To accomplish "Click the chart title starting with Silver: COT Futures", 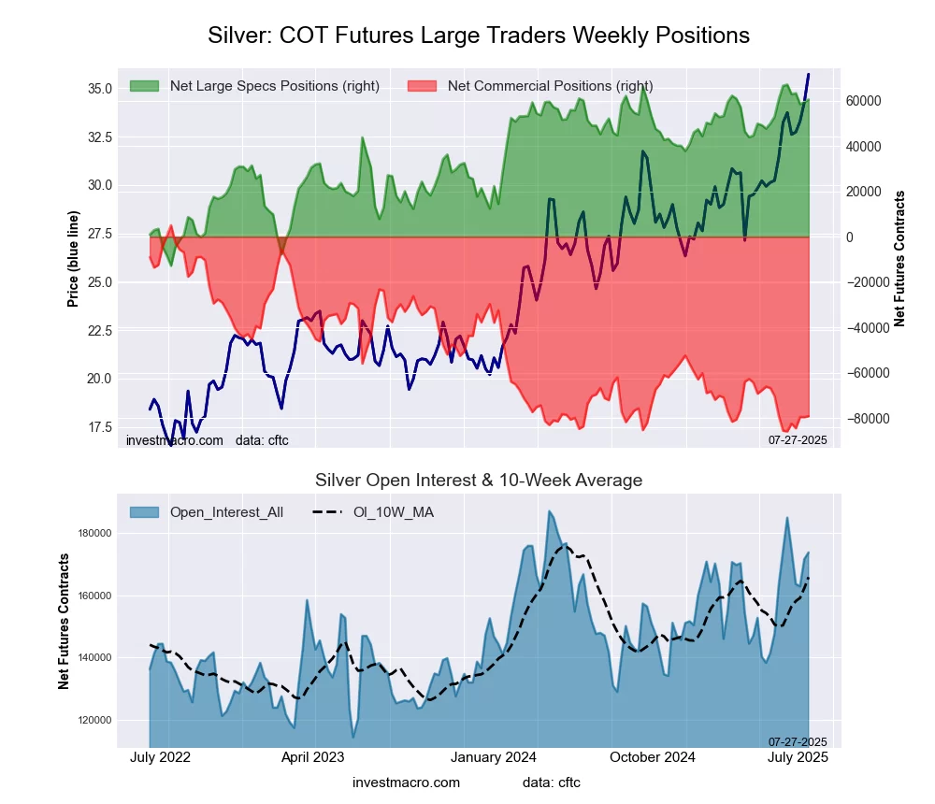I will click(478, 36).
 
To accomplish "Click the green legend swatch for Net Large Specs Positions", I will click(144, 86).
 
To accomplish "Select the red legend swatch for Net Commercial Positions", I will click(423, 86).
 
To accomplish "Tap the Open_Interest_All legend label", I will click(226, 512).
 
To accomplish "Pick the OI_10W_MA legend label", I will click(393, 512).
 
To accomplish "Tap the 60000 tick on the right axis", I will click(864, 101).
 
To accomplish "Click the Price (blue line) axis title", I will click(73, 259).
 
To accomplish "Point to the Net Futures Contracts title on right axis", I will click(899, 259).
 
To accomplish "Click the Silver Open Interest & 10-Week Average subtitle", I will click(478, 481).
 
